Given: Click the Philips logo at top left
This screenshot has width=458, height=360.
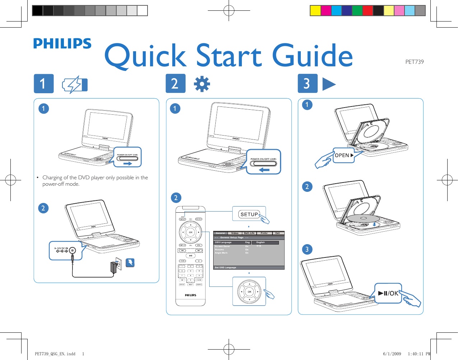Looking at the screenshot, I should (62, 44).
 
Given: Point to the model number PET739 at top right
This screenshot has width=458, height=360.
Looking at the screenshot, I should (414, 62).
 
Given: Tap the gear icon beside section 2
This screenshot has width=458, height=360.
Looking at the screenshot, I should (202, 84).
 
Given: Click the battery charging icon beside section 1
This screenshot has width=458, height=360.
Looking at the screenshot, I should (75, 85).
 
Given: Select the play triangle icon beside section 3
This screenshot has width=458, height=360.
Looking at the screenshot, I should (328, 84).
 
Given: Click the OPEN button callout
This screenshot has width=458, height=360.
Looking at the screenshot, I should (343, 155).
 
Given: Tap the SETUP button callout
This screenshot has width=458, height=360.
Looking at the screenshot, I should (249, 214).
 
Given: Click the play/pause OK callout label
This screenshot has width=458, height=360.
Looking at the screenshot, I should (388, 293).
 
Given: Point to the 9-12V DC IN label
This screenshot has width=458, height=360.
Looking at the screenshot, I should (61, 248).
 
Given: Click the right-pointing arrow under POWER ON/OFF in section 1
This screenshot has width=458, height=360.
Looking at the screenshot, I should (128, 164).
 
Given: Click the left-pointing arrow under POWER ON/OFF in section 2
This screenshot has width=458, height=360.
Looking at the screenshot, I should (264, 170).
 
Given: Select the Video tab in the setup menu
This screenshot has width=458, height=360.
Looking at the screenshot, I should (235, 233).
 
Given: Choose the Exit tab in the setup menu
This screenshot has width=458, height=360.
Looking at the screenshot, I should (277, 233).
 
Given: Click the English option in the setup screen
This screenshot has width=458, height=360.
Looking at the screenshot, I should (261, 242).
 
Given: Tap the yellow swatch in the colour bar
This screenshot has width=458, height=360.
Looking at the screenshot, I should (315, 11).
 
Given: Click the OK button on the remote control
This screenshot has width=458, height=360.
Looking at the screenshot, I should (191, 232).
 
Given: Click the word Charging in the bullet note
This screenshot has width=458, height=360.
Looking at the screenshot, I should (52, 177).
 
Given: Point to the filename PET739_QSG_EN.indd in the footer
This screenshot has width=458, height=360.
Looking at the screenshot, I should (55, 354).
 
